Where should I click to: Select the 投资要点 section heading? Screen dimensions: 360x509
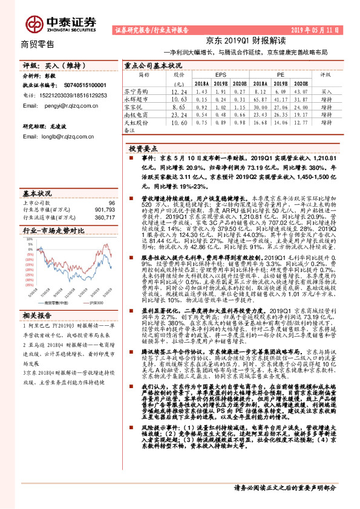143,148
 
